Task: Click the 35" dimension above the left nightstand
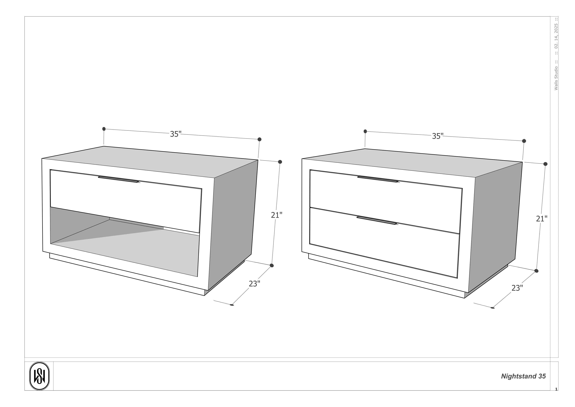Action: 176,134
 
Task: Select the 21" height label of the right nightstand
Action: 541,219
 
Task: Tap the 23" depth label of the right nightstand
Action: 517,288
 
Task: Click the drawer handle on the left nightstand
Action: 118,179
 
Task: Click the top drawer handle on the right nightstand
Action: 378,179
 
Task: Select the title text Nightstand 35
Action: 523,376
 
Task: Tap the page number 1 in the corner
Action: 556,389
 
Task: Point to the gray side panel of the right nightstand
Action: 495,226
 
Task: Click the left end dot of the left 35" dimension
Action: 104,129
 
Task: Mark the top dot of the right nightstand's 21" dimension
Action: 545,164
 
